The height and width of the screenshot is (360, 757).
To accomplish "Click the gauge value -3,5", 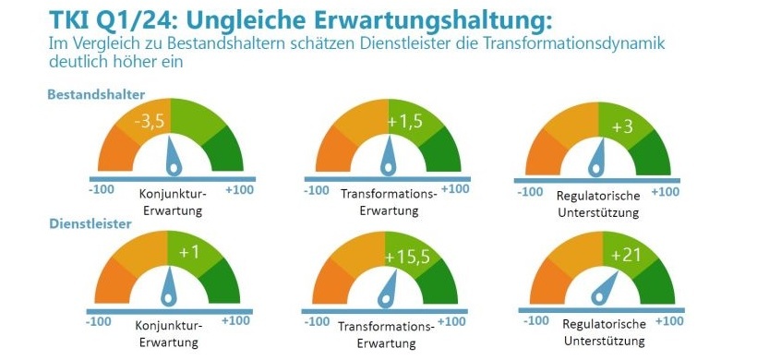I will coord(150,121).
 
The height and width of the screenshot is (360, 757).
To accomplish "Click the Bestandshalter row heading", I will coord(97,94).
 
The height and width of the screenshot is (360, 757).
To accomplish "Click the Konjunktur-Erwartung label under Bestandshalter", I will coord(173,202).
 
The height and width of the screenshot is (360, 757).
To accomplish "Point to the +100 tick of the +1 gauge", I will coord(236,320).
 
